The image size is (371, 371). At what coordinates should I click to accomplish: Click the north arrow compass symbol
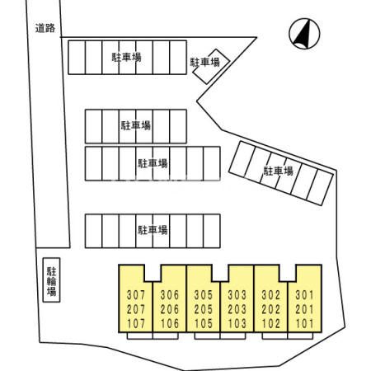(304, 34)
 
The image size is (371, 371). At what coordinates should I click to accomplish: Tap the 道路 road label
(45, 28)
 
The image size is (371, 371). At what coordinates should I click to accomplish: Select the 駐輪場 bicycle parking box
(51, 280)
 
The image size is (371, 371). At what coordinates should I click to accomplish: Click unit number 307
(136, 295)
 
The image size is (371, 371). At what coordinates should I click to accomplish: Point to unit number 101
(304, 324)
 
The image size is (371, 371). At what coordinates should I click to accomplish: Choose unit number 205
(204, 309)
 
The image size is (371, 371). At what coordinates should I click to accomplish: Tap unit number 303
(237, 295)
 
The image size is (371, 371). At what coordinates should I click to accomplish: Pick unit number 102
(270, 324)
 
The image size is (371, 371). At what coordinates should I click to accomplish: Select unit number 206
(170, 309)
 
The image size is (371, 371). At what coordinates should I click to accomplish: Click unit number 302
(270, 295)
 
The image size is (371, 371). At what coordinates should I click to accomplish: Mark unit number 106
(170, 324)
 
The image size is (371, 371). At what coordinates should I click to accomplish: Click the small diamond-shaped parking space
(211, 66)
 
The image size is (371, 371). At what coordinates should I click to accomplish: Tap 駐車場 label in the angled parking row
(278, 171)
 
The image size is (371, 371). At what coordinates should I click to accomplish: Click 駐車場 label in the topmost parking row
(126, 57)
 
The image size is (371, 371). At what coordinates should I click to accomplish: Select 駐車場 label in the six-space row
(136, 125)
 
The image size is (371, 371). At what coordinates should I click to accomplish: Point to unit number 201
(304, 309)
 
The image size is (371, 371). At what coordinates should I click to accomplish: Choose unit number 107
(136, 324)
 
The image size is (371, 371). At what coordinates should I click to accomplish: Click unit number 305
(204, 295)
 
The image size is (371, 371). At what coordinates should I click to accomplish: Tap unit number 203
(237, 309)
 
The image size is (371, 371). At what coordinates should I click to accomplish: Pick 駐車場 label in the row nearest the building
(153, 230)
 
